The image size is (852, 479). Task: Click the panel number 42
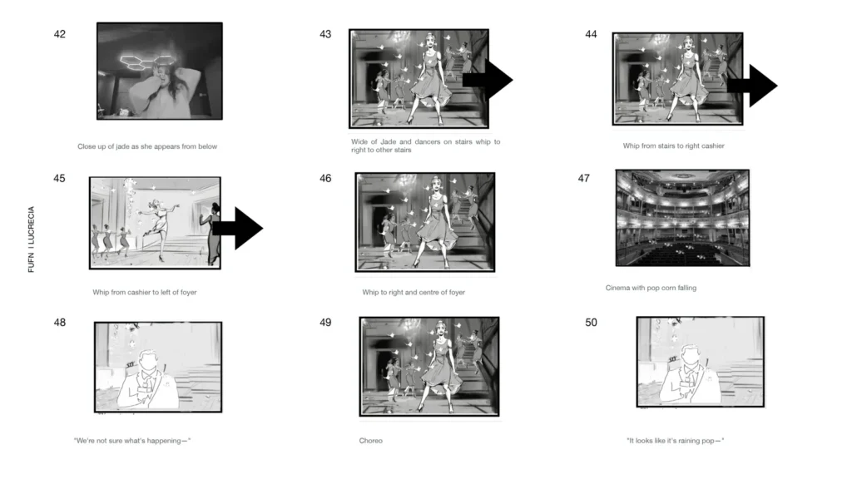coord(59,34)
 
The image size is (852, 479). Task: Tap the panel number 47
coord(583,179)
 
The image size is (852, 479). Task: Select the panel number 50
coord(591,323)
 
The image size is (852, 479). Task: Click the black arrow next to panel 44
coord(752,86)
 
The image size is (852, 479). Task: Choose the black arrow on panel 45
coord(237,228)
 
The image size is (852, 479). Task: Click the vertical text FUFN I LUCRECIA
coord(31,239)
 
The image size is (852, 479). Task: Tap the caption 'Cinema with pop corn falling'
coord(651,288)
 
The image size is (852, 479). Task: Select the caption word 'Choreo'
coord(370,441)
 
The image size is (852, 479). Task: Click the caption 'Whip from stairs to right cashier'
coord(673,146)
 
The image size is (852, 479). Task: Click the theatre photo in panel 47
coord(682,218)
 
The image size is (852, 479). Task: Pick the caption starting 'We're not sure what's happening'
coord(132,441)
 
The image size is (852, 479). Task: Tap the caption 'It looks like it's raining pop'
coord(676,441)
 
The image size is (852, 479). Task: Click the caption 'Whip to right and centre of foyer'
coord(414,292)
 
